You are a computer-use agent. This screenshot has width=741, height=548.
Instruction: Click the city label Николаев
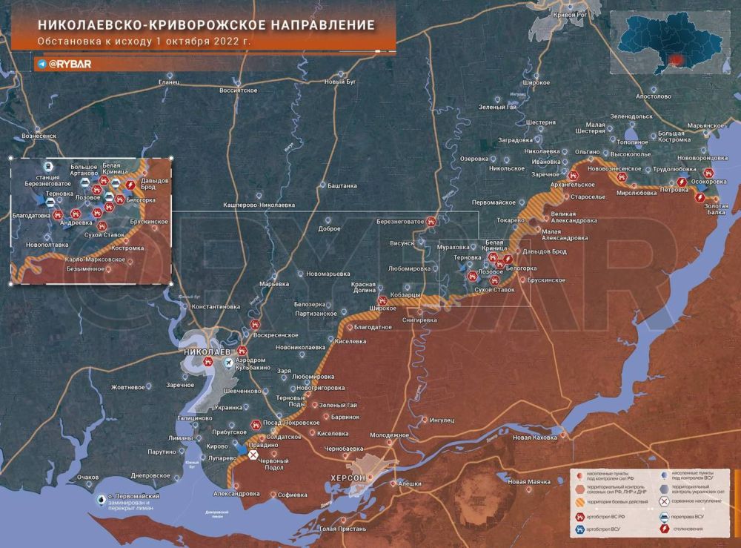(x=209, y=351)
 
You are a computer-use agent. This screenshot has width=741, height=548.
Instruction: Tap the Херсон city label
(x=348, y=478)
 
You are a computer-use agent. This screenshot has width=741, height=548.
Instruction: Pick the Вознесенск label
(x=39, y=136)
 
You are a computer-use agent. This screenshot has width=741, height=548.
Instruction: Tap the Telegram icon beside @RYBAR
(x=41, y=64)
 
